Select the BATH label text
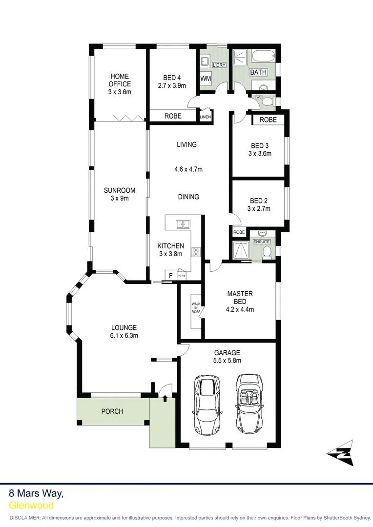[x=258, y=72]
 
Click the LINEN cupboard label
[x=205, y=117]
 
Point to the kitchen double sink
[x=183, y=224]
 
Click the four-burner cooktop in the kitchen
[x=196, y=252]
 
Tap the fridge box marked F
[x=170, y=275]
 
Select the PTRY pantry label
[x=181, y=276]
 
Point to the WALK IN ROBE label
[x=195, y=308]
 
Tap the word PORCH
[x=112, y=411]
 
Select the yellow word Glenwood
[x=31, y=506]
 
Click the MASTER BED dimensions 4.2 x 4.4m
[x=240, y=309]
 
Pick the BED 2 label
[x=258, y=201]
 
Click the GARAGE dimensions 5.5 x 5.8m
[x=228, y=361]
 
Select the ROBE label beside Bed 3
[x=268, y=120]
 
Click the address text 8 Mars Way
[x=36, y=493]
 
